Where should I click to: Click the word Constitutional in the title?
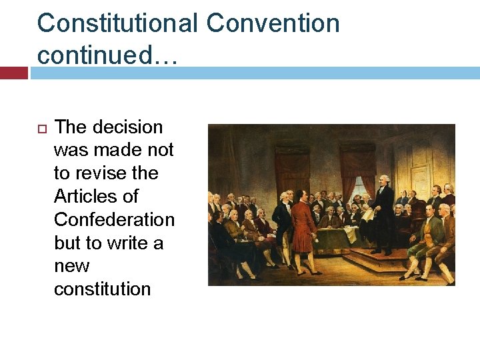(117, 24)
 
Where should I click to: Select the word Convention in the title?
(273, 24)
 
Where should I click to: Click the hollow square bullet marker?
(41, 128)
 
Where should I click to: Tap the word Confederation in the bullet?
(114, 219)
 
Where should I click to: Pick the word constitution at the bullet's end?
(103, 289)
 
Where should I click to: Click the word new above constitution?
(71, 266)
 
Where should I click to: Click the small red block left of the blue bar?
(13, 73)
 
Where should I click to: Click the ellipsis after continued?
(164, 56)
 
